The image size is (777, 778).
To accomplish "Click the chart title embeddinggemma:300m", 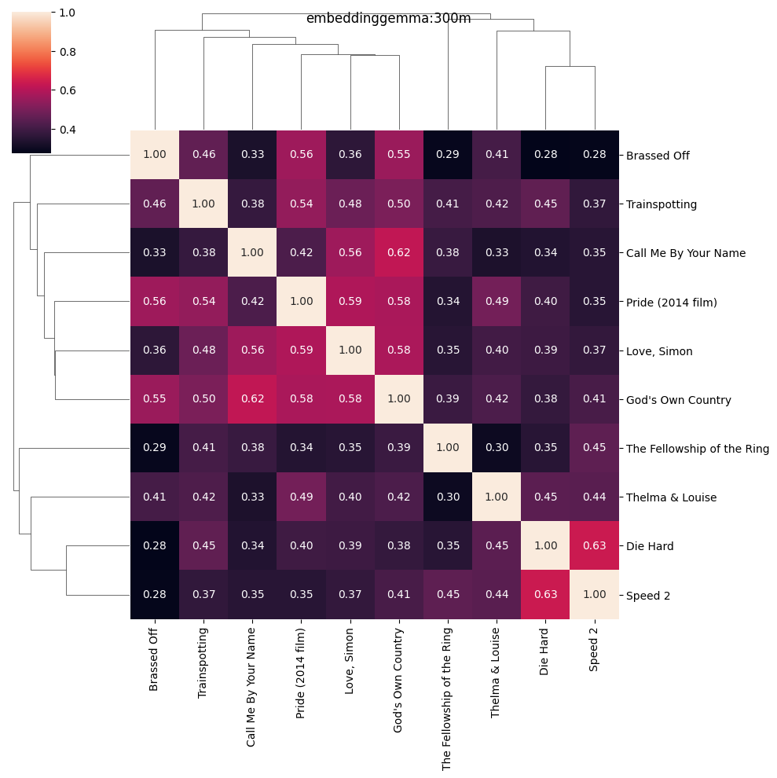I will coord(388,19).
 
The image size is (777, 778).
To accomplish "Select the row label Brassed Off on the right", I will coord(658,156).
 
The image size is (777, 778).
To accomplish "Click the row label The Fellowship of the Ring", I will coord(697,449).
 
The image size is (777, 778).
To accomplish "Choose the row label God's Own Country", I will coord(678,400).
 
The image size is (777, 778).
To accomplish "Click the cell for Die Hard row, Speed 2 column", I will coord(594,546).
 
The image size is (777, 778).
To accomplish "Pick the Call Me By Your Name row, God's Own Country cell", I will coord(399,253).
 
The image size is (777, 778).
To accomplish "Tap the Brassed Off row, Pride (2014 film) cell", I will coord(301,156).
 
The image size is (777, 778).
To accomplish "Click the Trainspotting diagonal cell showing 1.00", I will coord(203,204).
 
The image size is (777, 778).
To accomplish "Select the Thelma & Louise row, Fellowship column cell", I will coord(448,497).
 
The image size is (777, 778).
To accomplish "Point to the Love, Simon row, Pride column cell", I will coord(301,350).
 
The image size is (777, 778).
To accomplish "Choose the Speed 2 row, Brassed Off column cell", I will coord(155,595).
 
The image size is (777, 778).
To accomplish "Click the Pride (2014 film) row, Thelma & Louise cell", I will coord(497,302).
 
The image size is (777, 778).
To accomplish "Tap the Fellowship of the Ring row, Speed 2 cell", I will coord(594,449).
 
